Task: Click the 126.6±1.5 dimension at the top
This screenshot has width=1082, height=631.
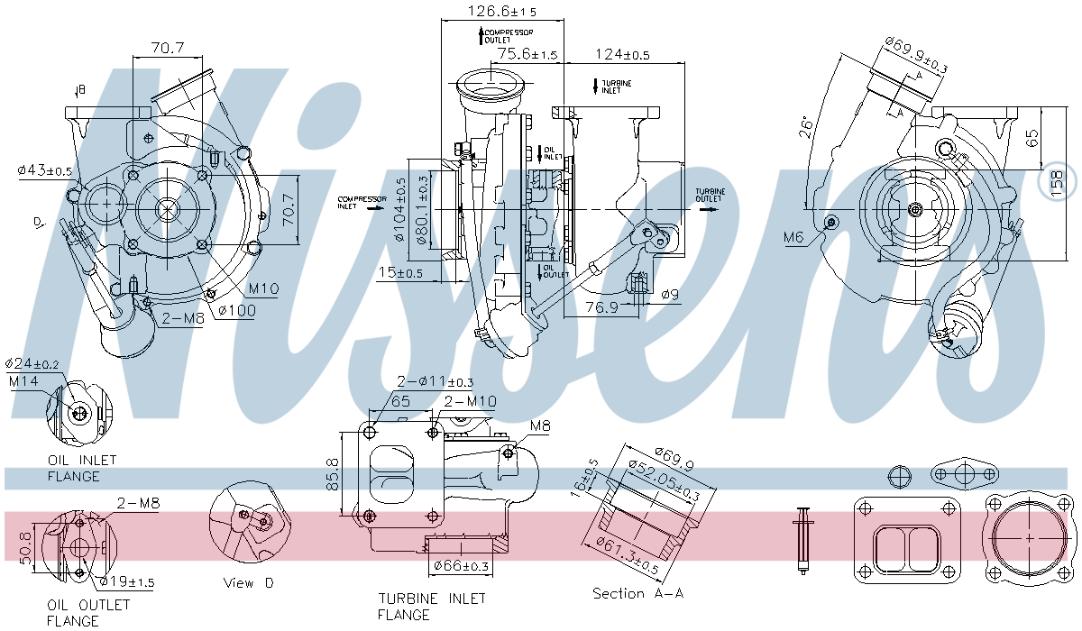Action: coord(502,12)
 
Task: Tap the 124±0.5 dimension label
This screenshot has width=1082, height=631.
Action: coord(622,55)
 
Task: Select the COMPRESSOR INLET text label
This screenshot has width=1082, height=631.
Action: coord(362,202)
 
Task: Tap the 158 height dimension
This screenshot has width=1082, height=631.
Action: coord(1064,180)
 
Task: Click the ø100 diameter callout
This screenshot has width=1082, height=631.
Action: coord(236,311)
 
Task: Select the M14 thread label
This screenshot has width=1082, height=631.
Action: coord(24,381)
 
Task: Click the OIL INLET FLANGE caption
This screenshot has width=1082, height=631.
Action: coord(74,468)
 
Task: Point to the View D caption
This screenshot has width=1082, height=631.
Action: coord(248,583)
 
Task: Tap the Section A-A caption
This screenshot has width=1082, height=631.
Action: coord(637,593)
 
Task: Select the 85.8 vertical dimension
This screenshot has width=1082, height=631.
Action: coord(333,474)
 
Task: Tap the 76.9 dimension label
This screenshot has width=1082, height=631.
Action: coord(602,307)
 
